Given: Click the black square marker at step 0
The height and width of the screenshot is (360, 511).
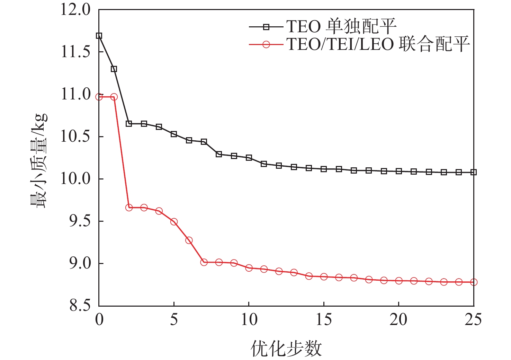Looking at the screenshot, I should point(99,36).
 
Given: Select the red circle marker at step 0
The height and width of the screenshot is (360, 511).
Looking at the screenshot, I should point(99,97).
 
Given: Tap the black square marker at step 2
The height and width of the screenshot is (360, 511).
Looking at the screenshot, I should point(129,124).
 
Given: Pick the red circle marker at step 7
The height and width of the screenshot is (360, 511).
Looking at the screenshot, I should point(204,262).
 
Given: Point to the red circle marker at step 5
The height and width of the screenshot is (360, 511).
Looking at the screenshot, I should point(174,222).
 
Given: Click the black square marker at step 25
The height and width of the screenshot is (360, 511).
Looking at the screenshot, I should point(474,172).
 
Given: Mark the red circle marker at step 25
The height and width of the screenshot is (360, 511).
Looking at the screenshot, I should point(474,282).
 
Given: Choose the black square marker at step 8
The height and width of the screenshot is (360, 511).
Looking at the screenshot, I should point(219,154).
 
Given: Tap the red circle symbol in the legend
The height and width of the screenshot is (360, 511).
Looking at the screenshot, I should point(266,44).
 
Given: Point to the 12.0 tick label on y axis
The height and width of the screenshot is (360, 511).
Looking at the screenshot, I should point(75,10).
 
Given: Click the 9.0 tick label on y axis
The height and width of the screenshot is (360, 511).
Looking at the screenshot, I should point(80,264).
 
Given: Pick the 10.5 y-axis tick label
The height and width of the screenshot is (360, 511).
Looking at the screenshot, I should point(75,137).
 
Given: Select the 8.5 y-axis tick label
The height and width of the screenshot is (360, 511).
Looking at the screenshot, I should point(80,306).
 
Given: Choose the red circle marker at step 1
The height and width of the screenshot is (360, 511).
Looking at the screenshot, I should point(114,97).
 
